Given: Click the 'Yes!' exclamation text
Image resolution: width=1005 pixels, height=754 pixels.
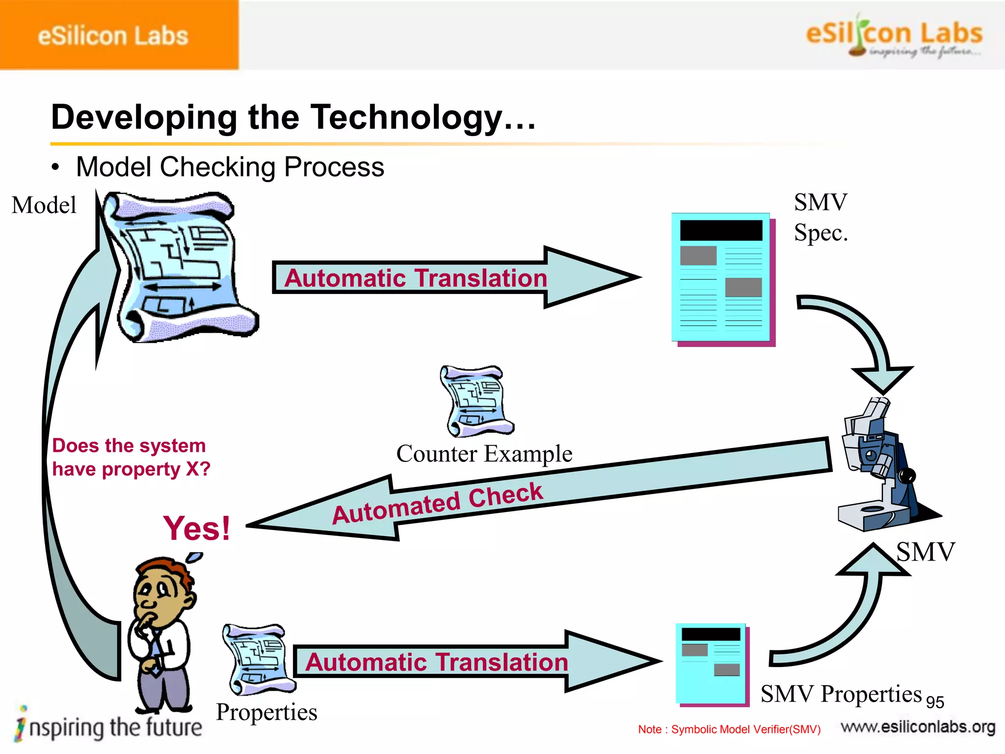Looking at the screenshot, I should point(197,528).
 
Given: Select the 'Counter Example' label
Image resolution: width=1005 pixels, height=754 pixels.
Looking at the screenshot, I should point(484,454).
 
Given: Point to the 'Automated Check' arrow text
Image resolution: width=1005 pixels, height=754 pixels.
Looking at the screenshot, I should point(438,503).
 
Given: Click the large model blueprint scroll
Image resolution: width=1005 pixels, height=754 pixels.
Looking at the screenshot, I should point(179,268).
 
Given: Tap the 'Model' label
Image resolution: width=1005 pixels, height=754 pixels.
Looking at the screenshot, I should point(44,205).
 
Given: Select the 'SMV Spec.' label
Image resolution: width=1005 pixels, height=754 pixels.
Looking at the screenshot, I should point(820,217).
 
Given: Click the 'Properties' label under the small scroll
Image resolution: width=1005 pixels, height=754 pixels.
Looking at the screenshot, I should point(266,712).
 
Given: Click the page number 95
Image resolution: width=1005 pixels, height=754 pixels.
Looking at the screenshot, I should point(935,702).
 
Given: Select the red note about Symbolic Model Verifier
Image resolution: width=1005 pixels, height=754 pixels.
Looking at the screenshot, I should point(729,729).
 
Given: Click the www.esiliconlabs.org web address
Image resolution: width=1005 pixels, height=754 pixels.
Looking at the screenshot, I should point(918,727).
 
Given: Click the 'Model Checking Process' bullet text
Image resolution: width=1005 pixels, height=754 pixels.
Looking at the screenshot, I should point(230,167).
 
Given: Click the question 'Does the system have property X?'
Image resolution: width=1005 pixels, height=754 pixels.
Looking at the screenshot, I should point(131,457).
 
